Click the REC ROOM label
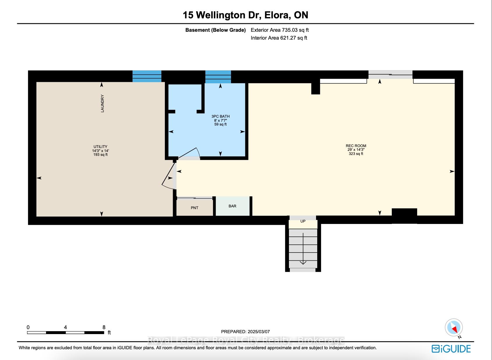pos(356,146)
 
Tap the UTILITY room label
pos(100,147)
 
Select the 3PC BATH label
pos(221,117)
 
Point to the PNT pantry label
pos(195,208)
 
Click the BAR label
pos(232,206)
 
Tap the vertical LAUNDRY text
pos(102,103)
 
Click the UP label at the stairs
pos(303,221)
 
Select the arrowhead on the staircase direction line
pos(303,262)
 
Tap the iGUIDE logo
pos(451,349)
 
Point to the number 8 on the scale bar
pos(104,327)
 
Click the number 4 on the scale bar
pos(66,327)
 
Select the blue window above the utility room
pos(147,76)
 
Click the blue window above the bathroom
pos(218,77)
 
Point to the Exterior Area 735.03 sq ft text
pos(280,30)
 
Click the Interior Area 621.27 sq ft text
pos(279,38)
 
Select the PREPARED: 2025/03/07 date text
pos(245,332)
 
